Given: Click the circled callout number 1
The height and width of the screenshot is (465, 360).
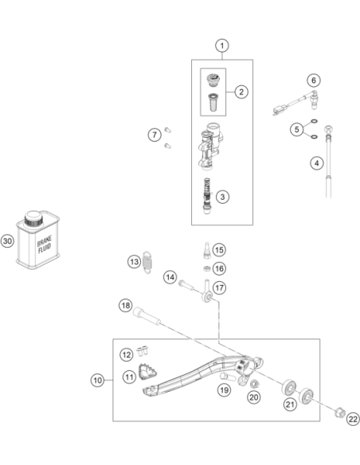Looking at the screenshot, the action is coord(221,46).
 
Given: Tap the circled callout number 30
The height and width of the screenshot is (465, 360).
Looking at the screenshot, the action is coord(7,240).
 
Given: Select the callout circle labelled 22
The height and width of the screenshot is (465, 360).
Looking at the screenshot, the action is coord(353,419).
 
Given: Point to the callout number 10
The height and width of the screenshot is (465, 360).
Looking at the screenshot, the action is coord(97,380).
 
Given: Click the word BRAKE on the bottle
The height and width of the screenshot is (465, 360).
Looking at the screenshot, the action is coord(45,240).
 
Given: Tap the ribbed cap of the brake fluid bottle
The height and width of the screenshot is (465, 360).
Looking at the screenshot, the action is coord(33,218).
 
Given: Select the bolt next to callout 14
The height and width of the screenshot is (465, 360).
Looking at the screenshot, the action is coord(186,286).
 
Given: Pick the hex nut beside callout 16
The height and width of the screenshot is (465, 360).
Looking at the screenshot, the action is coord(207,268).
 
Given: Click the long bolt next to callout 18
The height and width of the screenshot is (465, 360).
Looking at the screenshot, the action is coord(147,317).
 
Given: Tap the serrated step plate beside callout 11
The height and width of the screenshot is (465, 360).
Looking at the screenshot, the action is coord(147,372).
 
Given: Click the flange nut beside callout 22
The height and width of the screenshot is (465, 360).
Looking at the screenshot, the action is coord(340,412).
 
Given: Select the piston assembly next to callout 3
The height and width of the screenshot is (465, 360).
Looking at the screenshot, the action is coord(207,197).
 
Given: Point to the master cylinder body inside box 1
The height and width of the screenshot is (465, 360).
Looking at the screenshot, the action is coord(211,146).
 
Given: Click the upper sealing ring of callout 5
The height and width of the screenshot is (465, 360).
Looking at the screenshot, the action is coord(315,121).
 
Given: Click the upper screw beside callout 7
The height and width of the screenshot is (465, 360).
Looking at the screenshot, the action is coord(168,130).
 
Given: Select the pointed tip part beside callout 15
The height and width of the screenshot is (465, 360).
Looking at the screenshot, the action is coord(207,251).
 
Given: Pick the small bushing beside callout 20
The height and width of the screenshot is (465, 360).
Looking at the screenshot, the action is coord(254,384).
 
